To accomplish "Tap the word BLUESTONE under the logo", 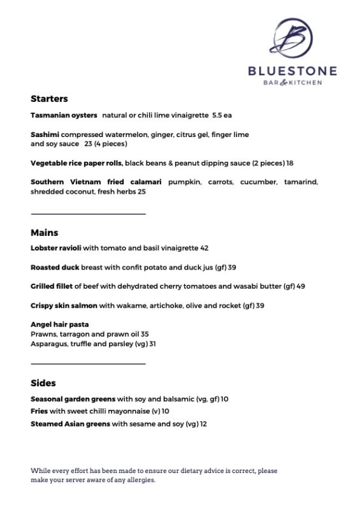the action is click(292, 71).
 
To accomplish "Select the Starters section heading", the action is click(49, 99).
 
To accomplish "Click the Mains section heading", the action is click(44, 233).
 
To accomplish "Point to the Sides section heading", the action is click(43, 383).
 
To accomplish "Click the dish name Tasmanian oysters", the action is click(64, 115).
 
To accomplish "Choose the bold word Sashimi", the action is click(45, 135).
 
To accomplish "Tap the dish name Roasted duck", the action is click(55, 267).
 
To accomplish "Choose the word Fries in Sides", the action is click(40, 411).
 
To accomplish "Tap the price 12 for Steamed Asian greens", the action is click(204, 423).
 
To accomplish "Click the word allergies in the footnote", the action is click(140, 480).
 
